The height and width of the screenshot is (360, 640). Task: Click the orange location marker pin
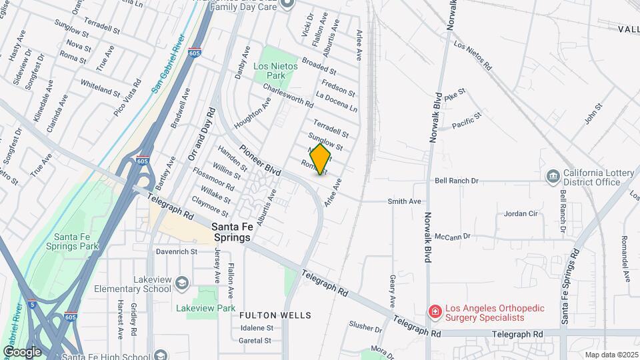(320, 159)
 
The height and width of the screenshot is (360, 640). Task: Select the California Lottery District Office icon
(553, 176)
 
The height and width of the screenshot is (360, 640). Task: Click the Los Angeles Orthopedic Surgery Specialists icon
(435, 311)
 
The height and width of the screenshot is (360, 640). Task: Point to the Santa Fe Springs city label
(231, 232)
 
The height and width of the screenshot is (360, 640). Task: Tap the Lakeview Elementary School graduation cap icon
(181, 285)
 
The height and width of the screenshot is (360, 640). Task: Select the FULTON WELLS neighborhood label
(275, 315)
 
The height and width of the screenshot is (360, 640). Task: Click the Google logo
(22, 351)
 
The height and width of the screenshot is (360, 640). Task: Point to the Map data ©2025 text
(611, 355)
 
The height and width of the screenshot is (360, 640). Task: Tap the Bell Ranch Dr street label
(457, 181)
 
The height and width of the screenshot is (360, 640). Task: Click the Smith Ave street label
(405, 201)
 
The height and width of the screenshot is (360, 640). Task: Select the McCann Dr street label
(453, 236)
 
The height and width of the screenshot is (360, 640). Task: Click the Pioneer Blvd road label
(261, 160)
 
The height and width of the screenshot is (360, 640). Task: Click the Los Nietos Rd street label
(471, 57)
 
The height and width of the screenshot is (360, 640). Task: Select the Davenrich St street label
(177, 252)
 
